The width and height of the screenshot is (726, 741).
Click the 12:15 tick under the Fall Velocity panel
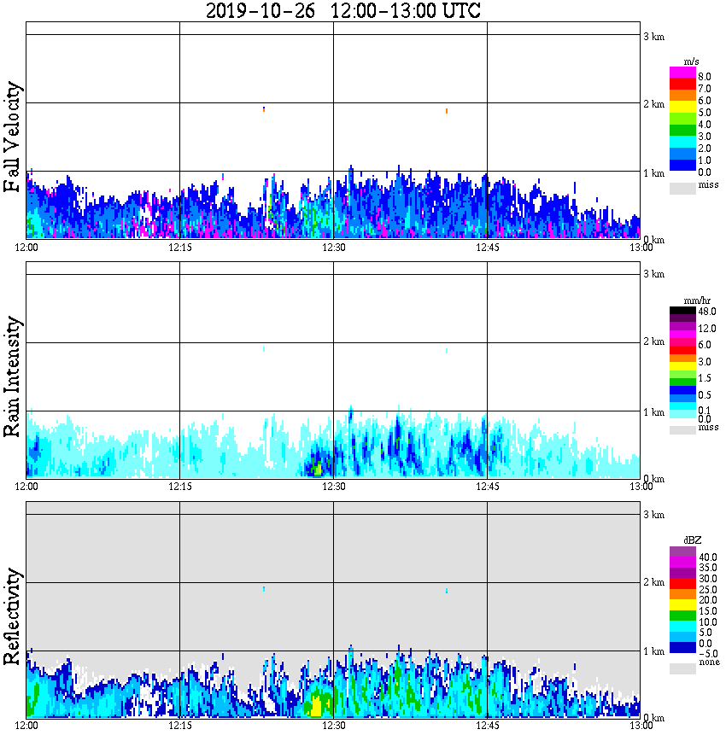click(x=179, y=248)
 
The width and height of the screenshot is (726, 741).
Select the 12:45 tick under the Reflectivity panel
click(x=487, y=726)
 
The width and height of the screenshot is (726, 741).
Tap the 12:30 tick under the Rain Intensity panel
click(x=333, y=487)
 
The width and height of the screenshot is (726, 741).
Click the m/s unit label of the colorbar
click(x=690, y=62)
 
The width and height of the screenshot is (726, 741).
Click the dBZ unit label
click(x=692, y=540)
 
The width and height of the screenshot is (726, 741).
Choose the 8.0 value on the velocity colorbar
click(x=705, y=76)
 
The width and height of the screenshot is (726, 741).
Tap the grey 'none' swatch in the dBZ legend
click(x=682, y=668)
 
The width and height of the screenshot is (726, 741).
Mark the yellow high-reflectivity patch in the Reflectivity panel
click(x=316, y=707)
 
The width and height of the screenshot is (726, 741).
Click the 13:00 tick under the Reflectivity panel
click(x=641, y=726)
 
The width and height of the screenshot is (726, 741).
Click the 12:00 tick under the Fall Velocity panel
click(x=26, y=248)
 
